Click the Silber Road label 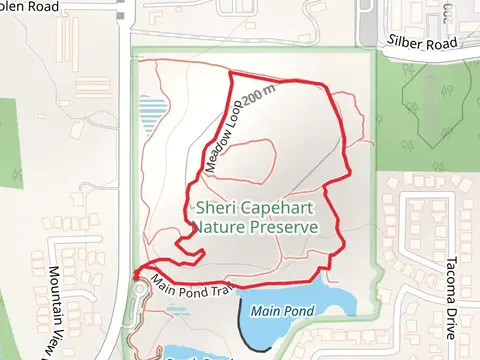click(x=421, y=44)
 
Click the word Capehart click(x=282, y=209)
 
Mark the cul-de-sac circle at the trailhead click(x=137, y=290)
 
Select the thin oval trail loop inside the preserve click(x=256, y=160)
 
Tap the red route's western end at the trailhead click(x=133, y=273)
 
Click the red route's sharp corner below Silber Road click(x=231, y=73)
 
